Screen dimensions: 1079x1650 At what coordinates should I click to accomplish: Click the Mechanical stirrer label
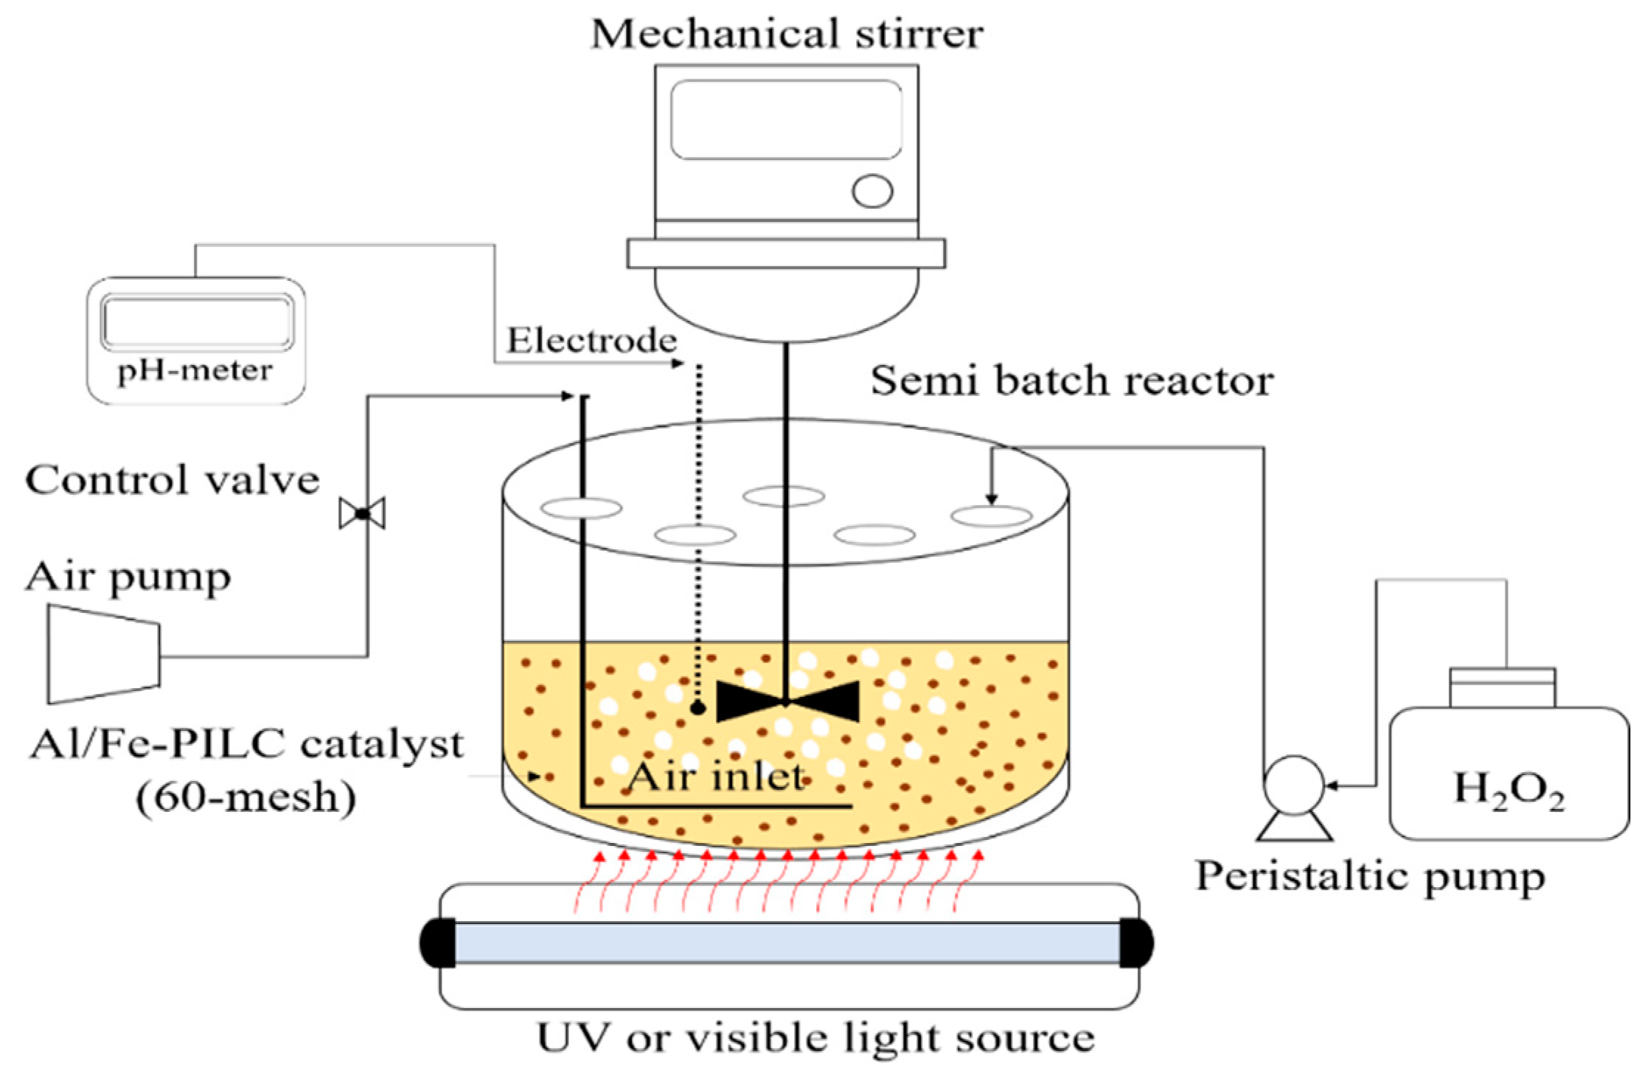[x=787, y=34]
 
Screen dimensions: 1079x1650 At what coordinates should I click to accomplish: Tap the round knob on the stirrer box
[x=872, y=191]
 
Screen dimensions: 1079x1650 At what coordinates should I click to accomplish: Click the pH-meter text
[x=195, y=370]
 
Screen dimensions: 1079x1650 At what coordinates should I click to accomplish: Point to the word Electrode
[x=591, y=341]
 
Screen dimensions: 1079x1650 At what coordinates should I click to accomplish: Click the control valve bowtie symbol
[x=361, y=513]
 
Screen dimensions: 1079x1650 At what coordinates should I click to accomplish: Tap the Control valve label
[x=173, y=481]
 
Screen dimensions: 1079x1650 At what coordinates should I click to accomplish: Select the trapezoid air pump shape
[x=103, y=654]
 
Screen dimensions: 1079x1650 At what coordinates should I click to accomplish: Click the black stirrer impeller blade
[x=786, y=701]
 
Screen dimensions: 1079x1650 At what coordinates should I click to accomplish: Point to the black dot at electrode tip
[x=697, y=709]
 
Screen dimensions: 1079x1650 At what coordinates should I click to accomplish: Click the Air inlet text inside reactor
[x=717, y=777]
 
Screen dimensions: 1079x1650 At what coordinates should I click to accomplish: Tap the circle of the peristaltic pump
[x=1293, y=785]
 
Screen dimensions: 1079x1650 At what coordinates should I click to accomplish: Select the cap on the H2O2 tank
[x=1503, y=687]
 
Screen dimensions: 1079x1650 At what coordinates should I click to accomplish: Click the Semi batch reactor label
[x=1072, y=381]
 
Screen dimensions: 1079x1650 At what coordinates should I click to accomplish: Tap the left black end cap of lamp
[x=438, y=943]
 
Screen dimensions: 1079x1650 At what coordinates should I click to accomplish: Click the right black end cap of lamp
[x=1136, y=943]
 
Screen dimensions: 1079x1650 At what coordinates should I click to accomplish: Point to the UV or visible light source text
[x=815, y=1038]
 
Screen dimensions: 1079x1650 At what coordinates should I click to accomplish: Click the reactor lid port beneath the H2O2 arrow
[x=991, y=516]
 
